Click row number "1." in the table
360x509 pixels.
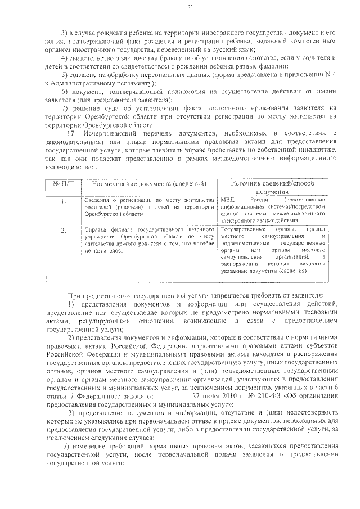63,201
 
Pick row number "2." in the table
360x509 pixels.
63,230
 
